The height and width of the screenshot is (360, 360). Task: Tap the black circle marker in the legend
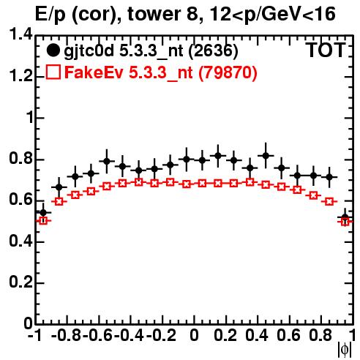(x=53, y=50)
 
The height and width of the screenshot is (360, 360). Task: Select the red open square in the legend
(x=53, y=72)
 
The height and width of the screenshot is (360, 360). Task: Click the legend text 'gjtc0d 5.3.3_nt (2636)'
(x=151, y=51)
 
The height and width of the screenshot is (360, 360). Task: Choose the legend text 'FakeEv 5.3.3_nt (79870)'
(x=161, y=72)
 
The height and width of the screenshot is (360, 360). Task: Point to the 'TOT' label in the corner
(x=326, y=50)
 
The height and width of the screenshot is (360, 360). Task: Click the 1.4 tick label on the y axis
(x=21, y=34)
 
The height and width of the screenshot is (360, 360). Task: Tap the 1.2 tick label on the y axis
(x=21, y=76)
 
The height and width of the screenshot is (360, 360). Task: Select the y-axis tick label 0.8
(x=21, y=159)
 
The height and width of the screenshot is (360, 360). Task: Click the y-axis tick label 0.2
(x=21, y=282)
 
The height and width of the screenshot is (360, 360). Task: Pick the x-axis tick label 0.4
(x=257, y=335)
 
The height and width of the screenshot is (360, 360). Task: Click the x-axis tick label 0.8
(x=320, y=335)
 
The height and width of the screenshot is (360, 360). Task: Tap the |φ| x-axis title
(x=345, y=350)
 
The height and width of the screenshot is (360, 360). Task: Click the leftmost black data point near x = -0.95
(x=43, y=213)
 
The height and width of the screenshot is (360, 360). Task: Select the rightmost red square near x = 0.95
(x=345, y=222)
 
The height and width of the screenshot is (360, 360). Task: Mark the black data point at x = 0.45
(x=266, y=155)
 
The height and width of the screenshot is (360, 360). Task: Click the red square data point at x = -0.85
(x=59, y=201)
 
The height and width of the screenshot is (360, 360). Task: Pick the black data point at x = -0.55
(x=107, y=161)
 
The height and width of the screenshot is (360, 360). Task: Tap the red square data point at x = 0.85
(x=329, y=201)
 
